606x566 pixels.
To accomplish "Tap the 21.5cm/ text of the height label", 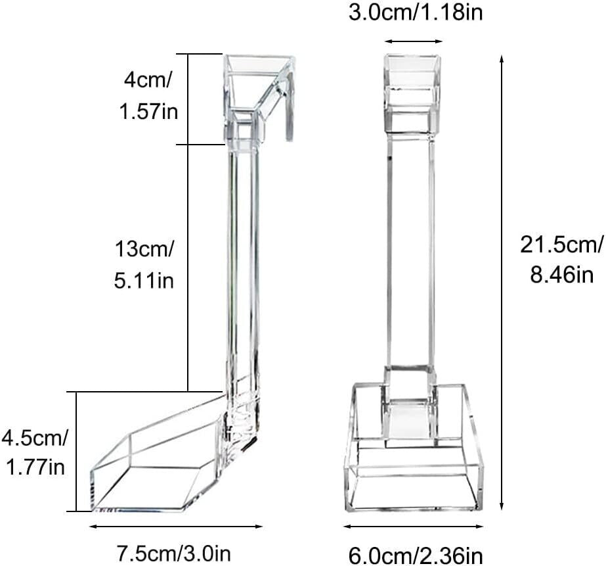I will click(561, 245).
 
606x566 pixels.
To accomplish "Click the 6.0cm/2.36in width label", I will click(414, 554).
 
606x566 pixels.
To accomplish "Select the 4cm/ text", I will click(148, 81).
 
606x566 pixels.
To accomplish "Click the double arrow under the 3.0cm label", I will click(414, 41).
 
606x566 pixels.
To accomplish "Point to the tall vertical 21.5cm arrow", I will click(502, 283).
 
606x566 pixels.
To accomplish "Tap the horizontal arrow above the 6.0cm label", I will click(414, 526).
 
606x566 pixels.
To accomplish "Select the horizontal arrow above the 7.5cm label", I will click(176, 526).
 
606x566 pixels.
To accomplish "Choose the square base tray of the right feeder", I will click(414, 460).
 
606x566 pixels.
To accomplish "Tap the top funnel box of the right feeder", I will click(412, 92).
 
